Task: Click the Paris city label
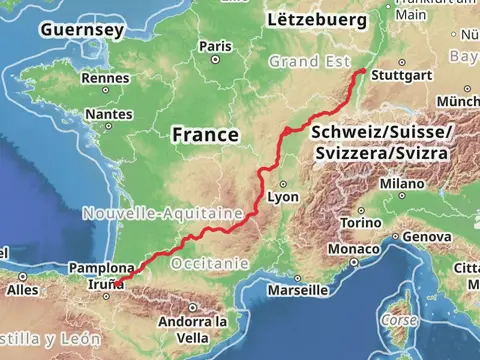point(215,46)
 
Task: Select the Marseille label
point(298,291)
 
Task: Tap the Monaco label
point(354,248)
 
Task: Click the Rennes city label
point(105,78)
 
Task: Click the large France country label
point(205,134)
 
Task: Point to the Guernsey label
point(82,31)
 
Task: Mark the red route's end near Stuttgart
point(363,71)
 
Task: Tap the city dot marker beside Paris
point(215,59)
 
